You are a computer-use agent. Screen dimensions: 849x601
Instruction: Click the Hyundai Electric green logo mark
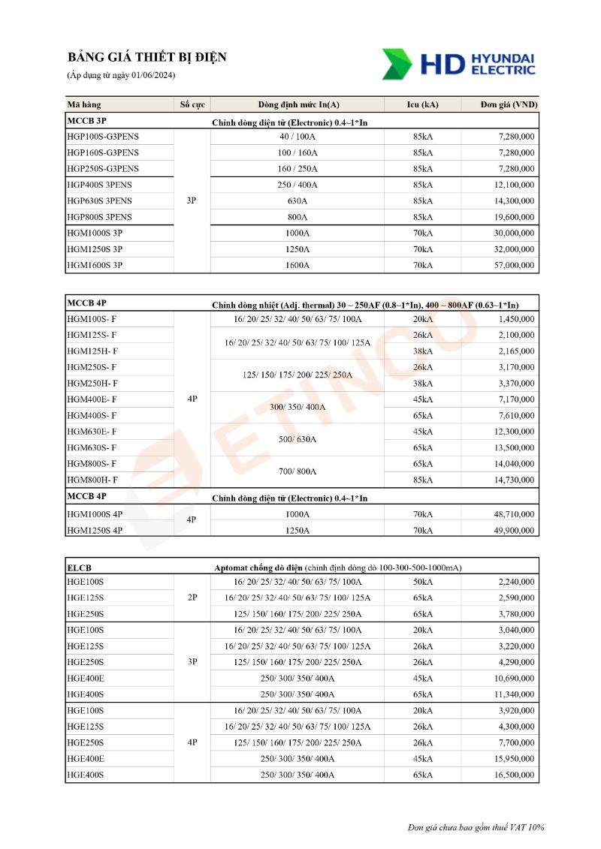tap(397, 64)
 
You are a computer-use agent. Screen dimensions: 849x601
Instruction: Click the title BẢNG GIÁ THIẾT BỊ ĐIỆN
tap(146, 58)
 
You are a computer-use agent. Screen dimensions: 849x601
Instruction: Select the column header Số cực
tap(192, 104)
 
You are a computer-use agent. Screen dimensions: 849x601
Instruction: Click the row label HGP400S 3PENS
tap(99, 185)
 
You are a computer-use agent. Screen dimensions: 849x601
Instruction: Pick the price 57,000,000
tap(509, 265)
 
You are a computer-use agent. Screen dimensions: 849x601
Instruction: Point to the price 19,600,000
tap(509, 217)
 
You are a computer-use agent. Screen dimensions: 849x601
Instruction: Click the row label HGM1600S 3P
tap(95, 265)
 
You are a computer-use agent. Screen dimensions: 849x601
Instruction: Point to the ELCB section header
tap(79, 568)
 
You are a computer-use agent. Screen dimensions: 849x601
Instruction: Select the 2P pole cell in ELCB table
tap(192, 598)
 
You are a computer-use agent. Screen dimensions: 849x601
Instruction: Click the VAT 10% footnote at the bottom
tap(476, 827)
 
